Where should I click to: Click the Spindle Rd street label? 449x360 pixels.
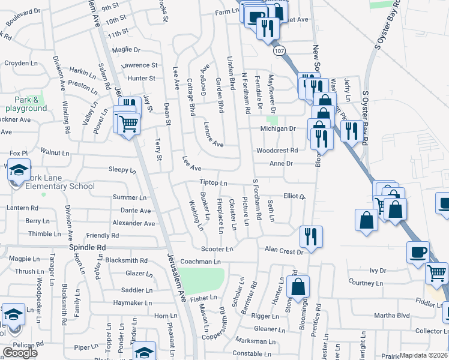[x=87, y=247]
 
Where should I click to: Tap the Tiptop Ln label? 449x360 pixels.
[x=214, y=183]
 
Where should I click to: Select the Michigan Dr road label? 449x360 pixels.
[x=278, y=128]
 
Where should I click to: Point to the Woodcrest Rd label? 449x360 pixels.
[x=277, y=151]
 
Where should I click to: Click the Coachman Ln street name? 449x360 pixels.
[x=200, y=262]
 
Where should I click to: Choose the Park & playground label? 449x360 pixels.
[x=26, y=104]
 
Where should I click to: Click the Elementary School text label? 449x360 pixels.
[x=60, y=186]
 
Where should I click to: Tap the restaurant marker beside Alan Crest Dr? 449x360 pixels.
[x=311, y=235]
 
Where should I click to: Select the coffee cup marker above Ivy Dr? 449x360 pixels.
[x=417, y=251]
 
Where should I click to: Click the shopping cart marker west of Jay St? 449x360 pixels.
[x=127, y=124]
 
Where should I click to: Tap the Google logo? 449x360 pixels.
[x=20, y=353]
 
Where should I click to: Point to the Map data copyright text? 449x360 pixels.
[x=424, y=355]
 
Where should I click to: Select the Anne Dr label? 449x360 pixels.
[x=280, y=163]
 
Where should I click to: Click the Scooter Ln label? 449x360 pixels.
[x=216, y=249]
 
